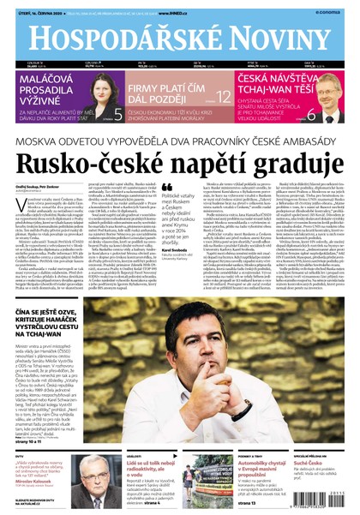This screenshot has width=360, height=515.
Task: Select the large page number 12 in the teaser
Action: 223,97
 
